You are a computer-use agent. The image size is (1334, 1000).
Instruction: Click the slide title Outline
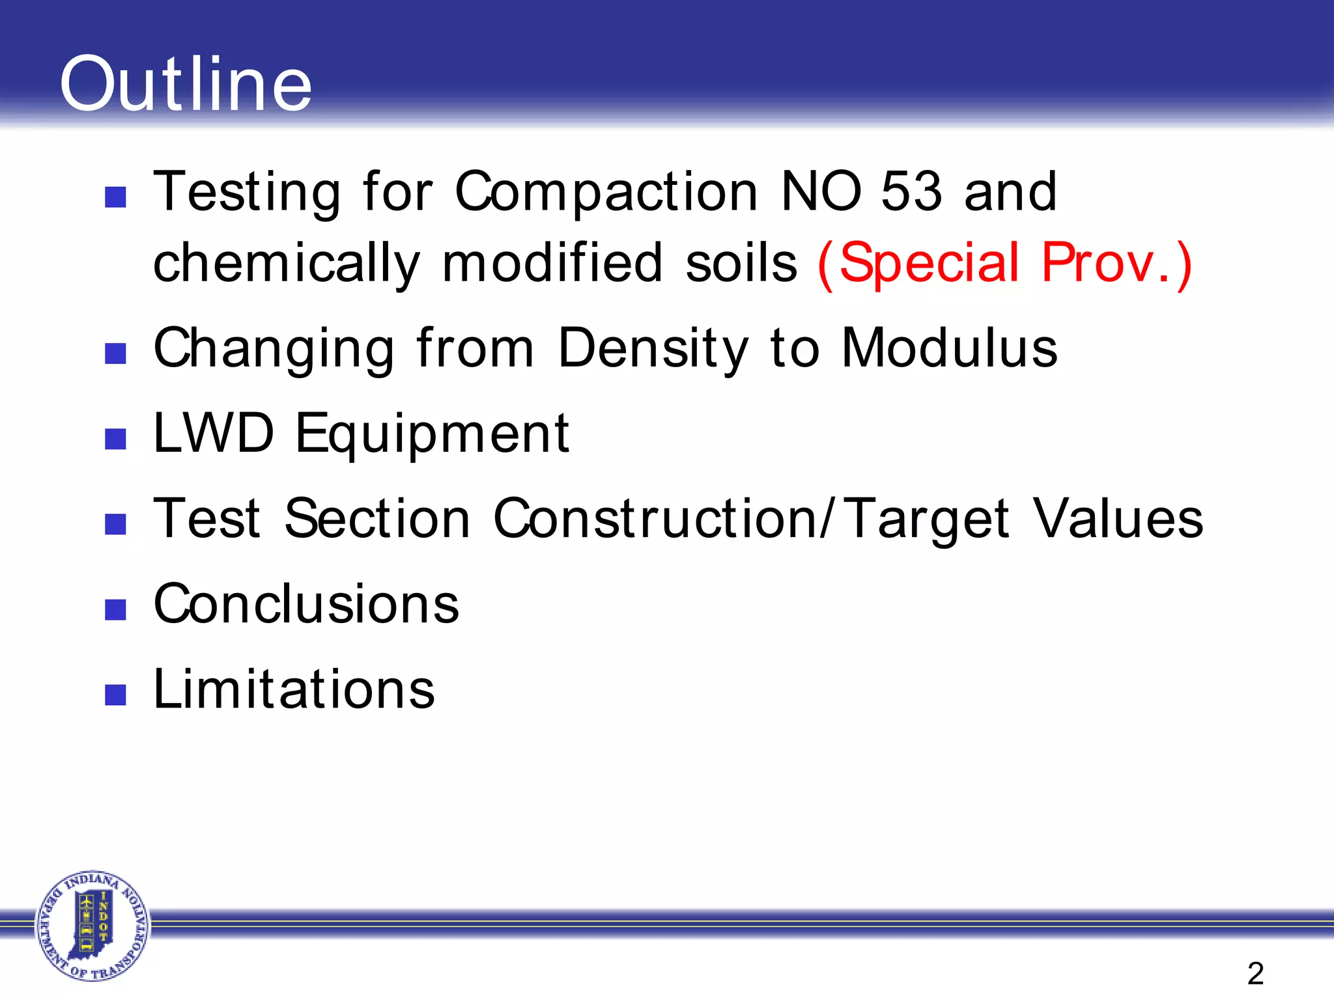coord(186,85)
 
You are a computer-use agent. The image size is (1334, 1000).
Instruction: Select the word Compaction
coord(606,193)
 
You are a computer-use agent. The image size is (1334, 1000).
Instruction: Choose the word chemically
coord(287,264)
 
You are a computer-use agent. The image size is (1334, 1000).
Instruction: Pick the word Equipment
coord(433,434)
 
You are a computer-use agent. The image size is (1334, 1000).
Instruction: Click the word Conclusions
coord(306,604)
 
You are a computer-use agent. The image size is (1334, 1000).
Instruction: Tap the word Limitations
coord(294,689)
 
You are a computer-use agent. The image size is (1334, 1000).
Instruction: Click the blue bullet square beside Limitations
coord(115,695)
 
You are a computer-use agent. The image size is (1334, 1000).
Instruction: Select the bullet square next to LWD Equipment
coord(115,439)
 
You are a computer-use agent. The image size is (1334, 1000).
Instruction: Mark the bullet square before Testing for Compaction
coord(115,197)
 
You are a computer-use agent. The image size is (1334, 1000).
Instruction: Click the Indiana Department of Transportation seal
coord(92,925)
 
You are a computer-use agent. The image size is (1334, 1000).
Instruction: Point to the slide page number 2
coord(1255,973)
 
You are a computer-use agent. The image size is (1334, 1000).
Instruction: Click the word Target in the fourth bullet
coord(926,519)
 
